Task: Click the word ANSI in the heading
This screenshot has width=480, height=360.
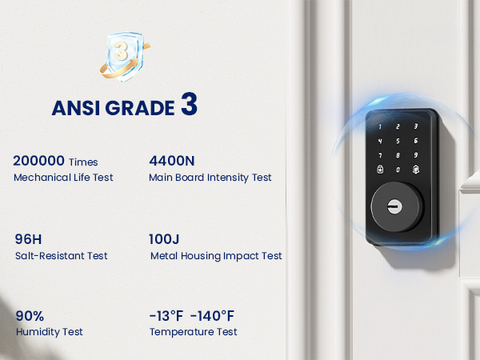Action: tap(73, 108)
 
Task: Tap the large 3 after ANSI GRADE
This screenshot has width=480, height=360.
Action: tap(188, 106)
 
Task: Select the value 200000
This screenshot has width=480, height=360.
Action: tap(38, 161)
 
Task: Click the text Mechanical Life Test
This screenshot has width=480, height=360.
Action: tap(63, 177)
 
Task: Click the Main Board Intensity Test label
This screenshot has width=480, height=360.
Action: tap(210, 177)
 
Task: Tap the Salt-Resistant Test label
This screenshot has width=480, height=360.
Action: tap(61, 255)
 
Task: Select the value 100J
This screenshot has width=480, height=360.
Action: tap(166, 239)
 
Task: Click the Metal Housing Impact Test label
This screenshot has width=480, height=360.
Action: tap(216, 255)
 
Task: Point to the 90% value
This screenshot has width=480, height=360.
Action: tap(30, 315)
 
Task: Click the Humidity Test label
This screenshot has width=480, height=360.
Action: tap(50, 331)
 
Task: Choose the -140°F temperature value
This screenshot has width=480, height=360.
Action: tap(212, 315)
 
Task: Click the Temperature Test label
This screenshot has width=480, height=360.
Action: tap(193, 331)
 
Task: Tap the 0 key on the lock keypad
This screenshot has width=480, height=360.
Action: tap(397, 170)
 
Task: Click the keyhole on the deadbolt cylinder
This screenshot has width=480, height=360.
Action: tap(394, 206)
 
